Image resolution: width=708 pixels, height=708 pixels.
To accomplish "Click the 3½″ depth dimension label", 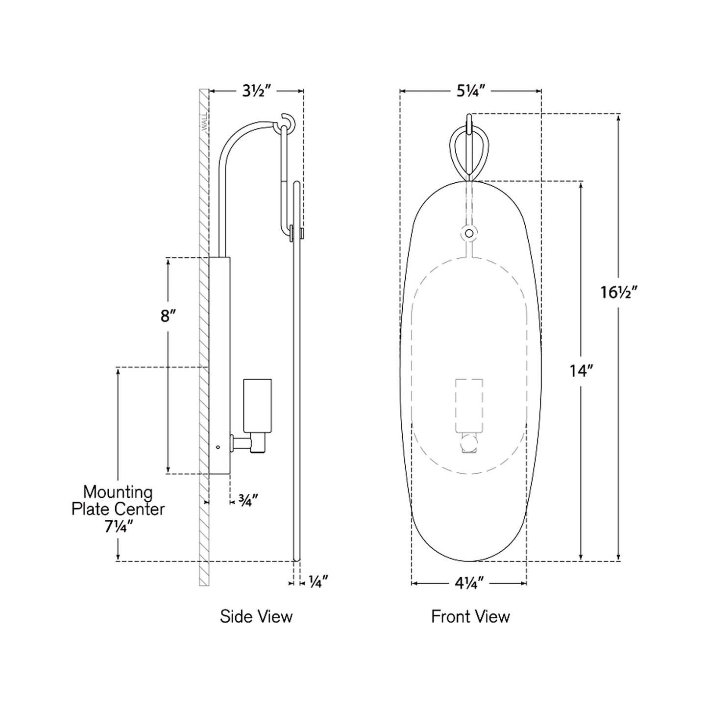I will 256,91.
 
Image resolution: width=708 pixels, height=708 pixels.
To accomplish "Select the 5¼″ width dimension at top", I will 470,91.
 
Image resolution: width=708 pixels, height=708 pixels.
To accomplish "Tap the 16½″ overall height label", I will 618,293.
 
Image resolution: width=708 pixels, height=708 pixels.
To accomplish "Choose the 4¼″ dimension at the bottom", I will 469,583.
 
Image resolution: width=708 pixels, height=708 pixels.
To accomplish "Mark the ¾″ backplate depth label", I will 248,500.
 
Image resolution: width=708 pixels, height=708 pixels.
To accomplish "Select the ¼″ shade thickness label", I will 318,582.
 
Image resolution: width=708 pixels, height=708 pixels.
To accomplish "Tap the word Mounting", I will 118,492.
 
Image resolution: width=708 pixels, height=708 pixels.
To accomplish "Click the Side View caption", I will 256,616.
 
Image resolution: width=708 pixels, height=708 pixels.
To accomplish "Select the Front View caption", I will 470,616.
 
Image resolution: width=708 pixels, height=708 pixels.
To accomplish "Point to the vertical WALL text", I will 204,122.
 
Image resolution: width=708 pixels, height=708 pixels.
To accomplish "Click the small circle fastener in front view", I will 469,233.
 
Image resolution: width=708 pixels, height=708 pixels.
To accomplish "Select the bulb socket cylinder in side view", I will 257,405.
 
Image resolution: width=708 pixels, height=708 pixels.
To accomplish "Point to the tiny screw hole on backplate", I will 218,446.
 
